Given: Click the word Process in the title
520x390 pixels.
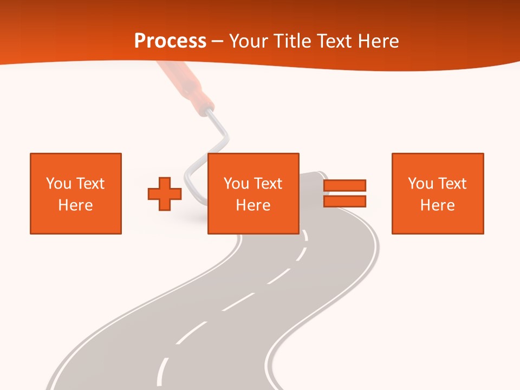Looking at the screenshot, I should point(170,41).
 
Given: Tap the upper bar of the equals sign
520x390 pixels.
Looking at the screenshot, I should point(344,185).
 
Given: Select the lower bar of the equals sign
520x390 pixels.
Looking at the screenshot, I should point(344,201).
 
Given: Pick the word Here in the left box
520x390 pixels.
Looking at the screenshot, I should point(75,205).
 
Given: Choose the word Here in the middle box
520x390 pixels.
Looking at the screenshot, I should point(253,205).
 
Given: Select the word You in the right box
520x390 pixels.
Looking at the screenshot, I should point(420,184).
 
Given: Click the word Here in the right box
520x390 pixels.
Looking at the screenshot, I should point(437,205).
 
